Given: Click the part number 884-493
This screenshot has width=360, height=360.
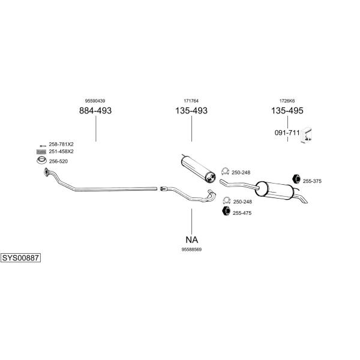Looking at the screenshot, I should (x=95, y=111).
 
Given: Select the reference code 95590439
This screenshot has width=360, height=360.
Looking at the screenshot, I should (x=95, y=101).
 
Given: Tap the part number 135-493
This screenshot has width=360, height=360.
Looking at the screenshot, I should (x=191, y=111).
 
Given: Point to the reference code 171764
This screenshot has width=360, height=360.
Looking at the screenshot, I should (x=191, y=101).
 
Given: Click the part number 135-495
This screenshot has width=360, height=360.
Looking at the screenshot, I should (x=287, y=111).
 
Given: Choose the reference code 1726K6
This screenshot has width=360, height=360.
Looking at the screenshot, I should (x=287, y=101).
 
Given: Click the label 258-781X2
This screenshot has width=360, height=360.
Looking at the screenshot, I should (x=61, y=144).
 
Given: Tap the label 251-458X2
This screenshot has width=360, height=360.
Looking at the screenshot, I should (x=61, y=151).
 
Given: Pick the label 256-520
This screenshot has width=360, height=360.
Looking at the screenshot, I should (x=58, y=161).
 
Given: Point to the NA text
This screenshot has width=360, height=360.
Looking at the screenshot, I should (x=191, y=237).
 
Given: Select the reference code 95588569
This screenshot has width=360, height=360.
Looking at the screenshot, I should (x=191, y=248).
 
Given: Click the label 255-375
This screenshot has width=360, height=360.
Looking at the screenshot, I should (x=313, y=181).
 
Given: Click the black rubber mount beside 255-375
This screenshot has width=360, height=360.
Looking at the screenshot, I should (x=296, y=179).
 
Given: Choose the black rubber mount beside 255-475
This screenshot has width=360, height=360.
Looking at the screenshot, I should (x=226, y=211).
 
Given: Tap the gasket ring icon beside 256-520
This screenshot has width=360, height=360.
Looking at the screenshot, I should (x=41, y=161).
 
